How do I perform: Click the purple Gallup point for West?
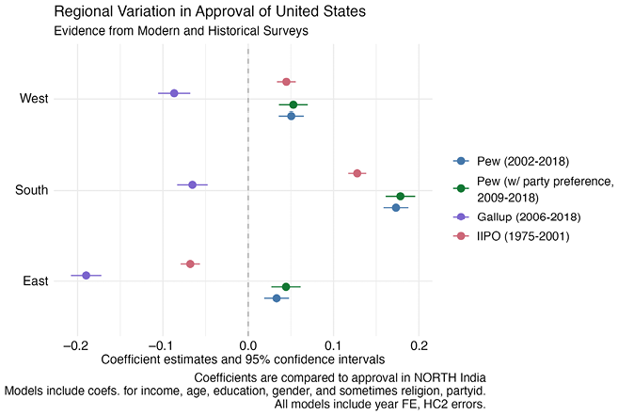[x=174, y=93]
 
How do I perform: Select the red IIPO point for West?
[x=286, y=82]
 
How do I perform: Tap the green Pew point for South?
[x=401, y=196]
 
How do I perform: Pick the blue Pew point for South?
[x=396, y=207]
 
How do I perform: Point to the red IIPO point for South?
[x=357, y=173]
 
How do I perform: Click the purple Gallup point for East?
[x=86, y=276]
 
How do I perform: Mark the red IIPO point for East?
[x=190, y=263]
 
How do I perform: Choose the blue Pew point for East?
[x=277, y=298]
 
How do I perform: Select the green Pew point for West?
[x=293, y=104]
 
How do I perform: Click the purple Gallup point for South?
[x=192, y=184]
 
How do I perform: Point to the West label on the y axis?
[x=34, y=98]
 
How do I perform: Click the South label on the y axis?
[x=32, y=190]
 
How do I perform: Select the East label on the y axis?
[x=36, y=280]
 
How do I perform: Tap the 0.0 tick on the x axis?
[x=248, y=346]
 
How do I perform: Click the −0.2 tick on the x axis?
[x=77, y=346]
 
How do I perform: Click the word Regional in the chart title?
[x=78, y=12]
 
